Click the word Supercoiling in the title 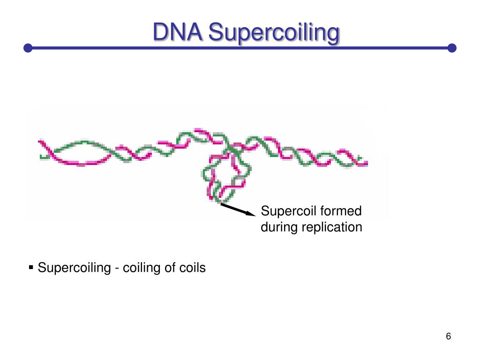coord(273,34)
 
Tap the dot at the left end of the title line coord(28,48)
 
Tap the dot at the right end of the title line coord(452,48)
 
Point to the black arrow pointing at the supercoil coord(237,209)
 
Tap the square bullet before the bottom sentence coord(31,268)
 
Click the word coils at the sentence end coord(192,268)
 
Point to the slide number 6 coord(449,337)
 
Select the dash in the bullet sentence coord(117,269)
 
